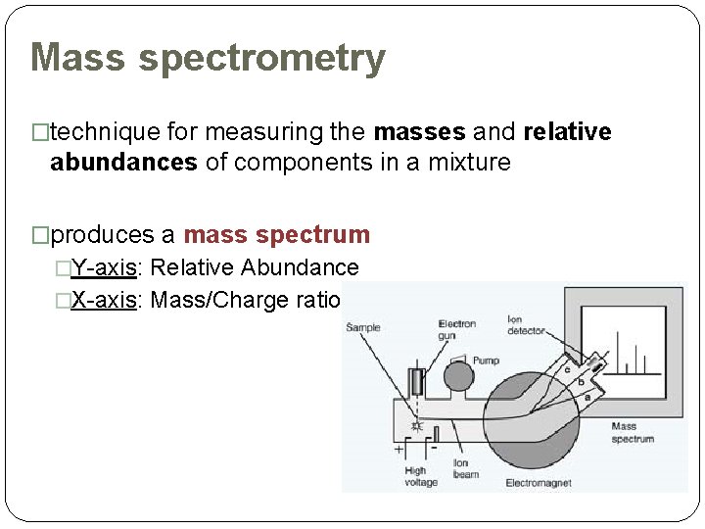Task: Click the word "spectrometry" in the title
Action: [x=261, y=59]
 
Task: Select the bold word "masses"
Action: [x=412, y=132]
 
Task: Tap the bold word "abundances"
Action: [x=123, y=163]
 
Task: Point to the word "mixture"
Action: [x=467, y=163]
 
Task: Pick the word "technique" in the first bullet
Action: [x=105, y=132]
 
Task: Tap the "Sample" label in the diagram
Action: [x=363, y=327]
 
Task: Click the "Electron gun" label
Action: [x=457, y=330]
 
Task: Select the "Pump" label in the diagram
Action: [x=486, y=361]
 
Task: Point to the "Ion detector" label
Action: [x=526, y=325]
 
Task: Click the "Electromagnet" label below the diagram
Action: [x=538, y=483]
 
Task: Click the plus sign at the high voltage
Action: [x=399, y=451]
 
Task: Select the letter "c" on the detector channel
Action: [x=567, y=369]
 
